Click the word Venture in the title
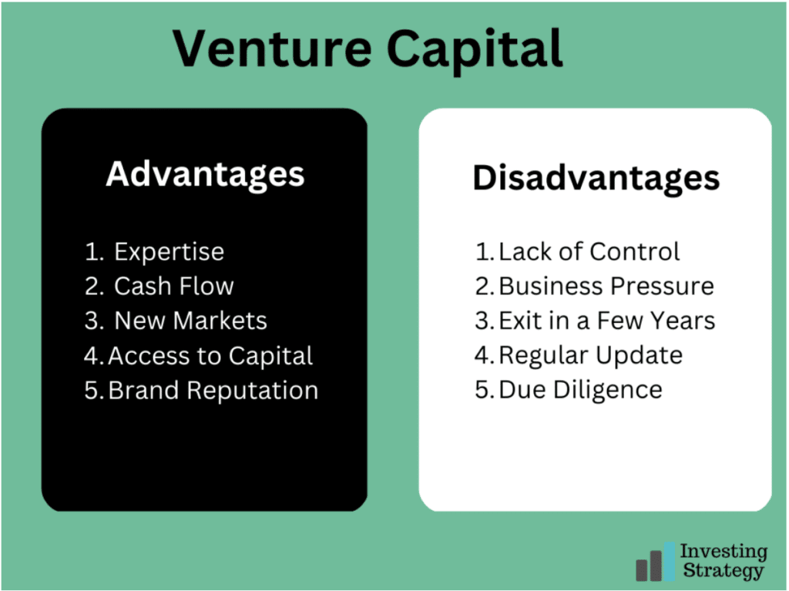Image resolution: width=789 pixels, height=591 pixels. (x=272, y=48)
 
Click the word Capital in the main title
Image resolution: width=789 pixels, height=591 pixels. (x=475, y=50)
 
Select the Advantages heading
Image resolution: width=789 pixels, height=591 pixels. (x=205, y=175)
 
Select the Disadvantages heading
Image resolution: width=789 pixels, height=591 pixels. (x=596, y=180)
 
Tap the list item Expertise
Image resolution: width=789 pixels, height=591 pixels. (x=169, y=252)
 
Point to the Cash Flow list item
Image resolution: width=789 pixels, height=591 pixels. (x=173, y=286)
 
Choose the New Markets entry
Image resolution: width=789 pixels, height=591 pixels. (x=191, y=321)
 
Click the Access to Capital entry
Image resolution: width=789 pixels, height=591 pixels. (x=210, y=356)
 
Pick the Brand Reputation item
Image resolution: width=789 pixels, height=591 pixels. (x=213, y=391)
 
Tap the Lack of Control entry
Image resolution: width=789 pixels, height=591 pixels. (x=589, y=251)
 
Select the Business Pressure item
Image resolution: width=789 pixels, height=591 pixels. (x=606, y=286)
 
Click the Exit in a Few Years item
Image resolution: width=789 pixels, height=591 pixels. (x=607, y=321)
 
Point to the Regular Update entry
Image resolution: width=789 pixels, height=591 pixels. (x=591, y=355)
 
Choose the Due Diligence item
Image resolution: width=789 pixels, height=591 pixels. (x=581, y=390)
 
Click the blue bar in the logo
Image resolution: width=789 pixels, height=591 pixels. (x=670, y=561)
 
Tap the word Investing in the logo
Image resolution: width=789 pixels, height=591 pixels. (x=724, y=552)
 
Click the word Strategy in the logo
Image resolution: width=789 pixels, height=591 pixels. (x=723, y=571)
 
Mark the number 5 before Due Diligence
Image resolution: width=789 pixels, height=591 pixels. (x=482, y=390)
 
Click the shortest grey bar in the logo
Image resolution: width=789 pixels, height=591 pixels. (x=642, y=570)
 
